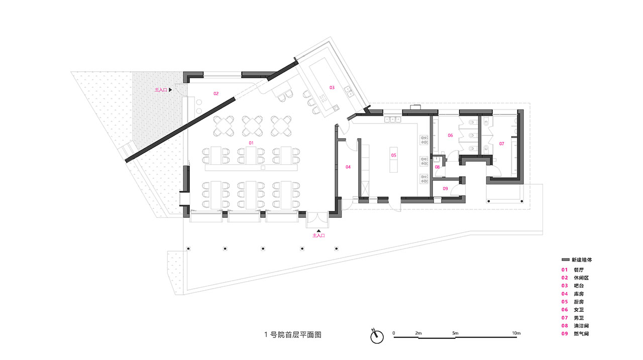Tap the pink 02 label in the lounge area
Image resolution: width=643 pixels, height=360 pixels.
216,93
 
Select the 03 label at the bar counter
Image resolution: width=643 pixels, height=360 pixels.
332,87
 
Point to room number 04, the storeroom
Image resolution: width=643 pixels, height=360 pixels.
347,167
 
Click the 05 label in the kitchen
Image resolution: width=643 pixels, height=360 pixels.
393,155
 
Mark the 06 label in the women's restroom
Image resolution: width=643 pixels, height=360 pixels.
451,136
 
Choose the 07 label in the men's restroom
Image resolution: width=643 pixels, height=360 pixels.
501,144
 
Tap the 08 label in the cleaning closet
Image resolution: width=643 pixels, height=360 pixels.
438,167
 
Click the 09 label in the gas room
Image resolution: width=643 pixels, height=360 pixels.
445,188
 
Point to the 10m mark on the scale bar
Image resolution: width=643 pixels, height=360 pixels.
516,333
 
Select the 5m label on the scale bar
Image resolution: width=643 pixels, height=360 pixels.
455,333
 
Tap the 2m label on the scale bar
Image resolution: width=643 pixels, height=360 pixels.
418,333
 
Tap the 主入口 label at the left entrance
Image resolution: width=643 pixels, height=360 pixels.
161,89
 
